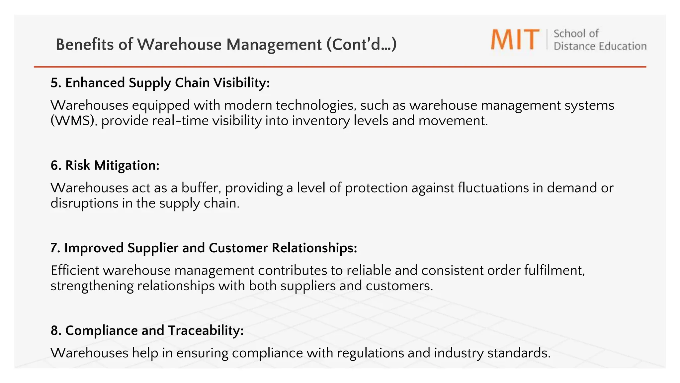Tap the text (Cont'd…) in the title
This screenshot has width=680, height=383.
coord(362,45)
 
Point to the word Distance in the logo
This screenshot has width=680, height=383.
coord(571,46)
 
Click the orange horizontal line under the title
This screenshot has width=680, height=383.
coord(340,67)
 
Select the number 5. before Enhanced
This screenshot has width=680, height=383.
coord(56,83)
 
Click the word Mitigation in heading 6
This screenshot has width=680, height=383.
coord(127,165)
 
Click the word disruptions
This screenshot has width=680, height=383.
coord(84,203)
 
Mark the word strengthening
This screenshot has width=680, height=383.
coord(92,286)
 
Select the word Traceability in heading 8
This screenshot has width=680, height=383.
coord(206,330)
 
